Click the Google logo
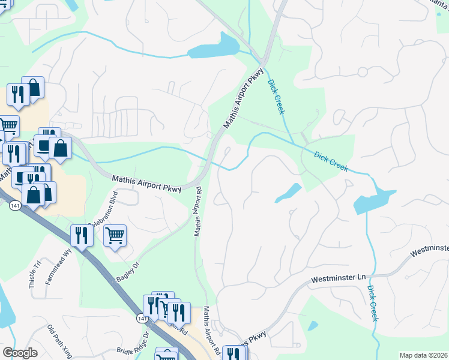point(20,353)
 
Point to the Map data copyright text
point(424,355)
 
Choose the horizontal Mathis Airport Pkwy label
point(146,182)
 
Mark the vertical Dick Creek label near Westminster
point(373,302)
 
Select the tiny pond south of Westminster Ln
point(313,326)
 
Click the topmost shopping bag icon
point(34,88)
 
